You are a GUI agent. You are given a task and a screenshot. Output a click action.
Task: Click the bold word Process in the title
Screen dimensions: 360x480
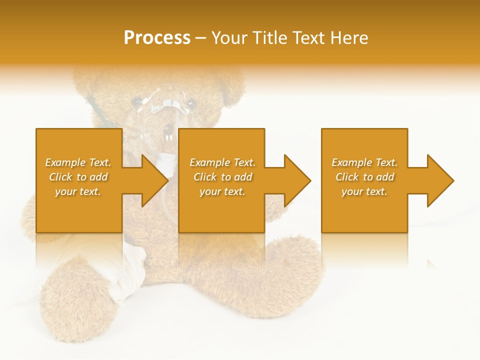pyautogui.click(x=157, y=38)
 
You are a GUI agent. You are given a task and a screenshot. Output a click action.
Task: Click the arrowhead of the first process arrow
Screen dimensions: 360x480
pyautogui.click(x=155, y=180)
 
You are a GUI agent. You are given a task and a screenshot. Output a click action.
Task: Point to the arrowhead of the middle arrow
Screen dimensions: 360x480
pyautogui.click(x=297, y=180)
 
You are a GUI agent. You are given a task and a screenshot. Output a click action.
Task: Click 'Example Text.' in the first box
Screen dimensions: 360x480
pyautogui.click(x=78, y=162)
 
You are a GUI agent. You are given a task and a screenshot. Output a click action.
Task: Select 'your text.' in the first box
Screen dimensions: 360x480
pyautogui.click(x=78, y=191)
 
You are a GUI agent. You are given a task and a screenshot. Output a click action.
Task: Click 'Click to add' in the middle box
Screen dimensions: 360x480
pyautogui.click(x=222, y=177)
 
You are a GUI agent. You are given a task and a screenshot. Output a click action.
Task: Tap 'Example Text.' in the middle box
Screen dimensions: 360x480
pyautogui.click(x=222, y=162)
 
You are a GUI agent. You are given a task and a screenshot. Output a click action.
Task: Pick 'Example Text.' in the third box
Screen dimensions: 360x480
pyautogui.click(x=364, y=162)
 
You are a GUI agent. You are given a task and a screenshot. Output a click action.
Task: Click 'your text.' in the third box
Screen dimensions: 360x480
pyautogui.click(x=364, y=191)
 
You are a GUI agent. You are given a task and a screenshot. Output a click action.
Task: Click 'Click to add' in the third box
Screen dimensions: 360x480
pyautogui.click(x=364, y=177)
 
